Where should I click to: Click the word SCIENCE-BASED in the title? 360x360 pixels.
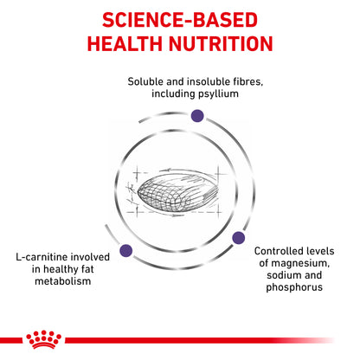tap(179, 19)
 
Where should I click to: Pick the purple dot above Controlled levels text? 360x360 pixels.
tap(238, 237)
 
